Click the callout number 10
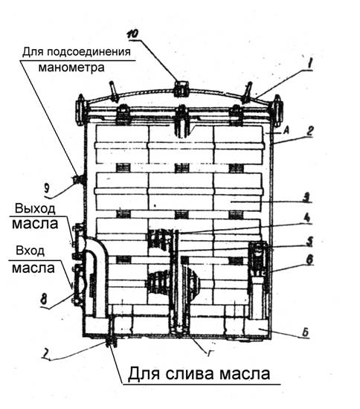133,34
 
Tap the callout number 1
309,64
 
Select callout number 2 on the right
309,131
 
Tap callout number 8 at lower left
44,299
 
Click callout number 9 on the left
47,188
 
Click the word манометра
71,68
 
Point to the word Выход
35,209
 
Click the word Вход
30,251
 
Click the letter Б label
305,332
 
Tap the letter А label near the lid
286,130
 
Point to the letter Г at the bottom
210,353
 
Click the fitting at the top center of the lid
181,88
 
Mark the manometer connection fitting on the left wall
79,179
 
